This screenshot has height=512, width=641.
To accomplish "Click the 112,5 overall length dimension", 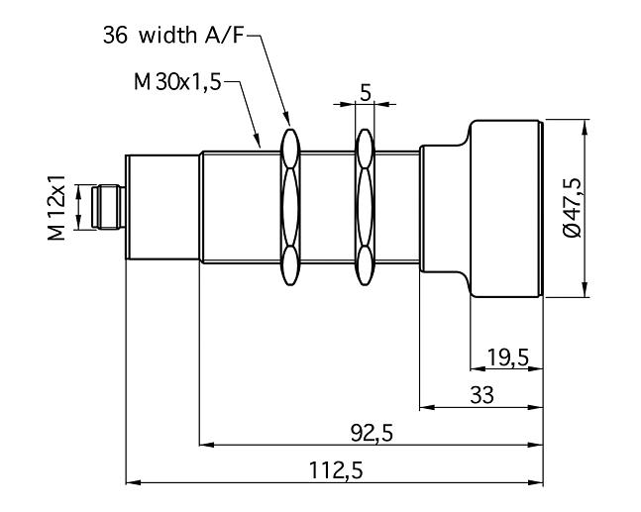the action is click(336, 470).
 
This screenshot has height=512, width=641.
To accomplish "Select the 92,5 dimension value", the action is click(372, 433).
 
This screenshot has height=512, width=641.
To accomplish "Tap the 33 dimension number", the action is click(481, 395).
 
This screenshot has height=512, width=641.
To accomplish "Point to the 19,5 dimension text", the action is click(508, 358).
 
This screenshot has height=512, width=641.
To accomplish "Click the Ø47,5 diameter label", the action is click(572, 207).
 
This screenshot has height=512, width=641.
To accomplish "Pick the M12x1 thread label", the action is click(56, 207).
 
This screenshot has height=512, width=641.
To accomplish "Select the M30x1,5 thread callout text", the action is click(177, 82).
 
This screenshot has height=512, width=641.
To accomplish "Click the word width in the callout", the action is click(167, 35).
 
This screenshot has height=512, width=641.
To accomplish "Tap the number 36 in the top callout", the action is click(115, 35).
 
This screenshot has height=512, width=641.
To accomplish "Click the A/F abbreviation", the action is click(224, 35).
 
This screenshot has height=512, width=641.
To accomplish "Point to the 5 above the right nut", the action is click(365, 93).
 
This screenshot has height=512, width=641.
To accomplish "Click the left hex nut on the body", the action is click(290, 207).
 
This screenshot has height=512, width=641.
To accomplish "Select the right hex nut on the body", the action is click(365, 207).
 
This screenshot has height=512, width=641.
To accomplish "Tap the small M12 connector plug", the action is click(108, 207).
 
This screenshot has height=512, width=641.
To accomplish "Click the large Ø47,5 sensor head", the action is click(506, 208).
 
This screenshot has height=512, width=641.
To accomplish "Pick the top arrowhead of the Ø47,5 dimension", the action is click(585, 127).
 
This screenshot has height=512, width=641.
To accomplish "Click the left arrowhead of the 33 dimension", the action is click(427, 407).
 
